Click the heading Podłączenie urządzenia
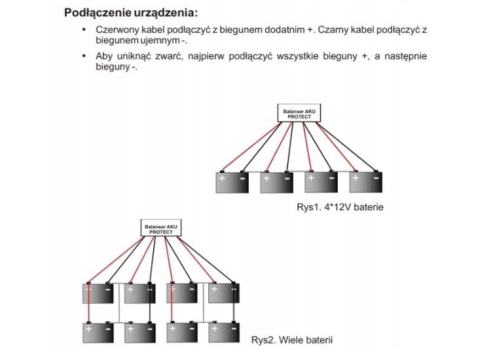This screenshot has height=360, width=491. [x=130, y=12]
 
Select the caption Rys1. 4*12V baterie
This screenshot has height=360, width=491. [x=339, y=207]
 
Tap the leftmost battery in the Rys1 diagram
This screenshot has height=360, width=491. [x=232, y=182]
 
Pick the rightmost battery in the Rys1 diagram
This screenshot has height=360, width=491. [x=366, y=182]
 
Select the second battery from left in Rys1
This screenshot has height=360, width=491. [x=277, y=182]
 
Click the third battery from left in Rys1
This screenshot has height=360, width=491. [x=321, y=182]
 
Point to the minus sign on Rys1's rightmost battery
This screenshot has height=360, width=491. [x=376, y=178]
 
